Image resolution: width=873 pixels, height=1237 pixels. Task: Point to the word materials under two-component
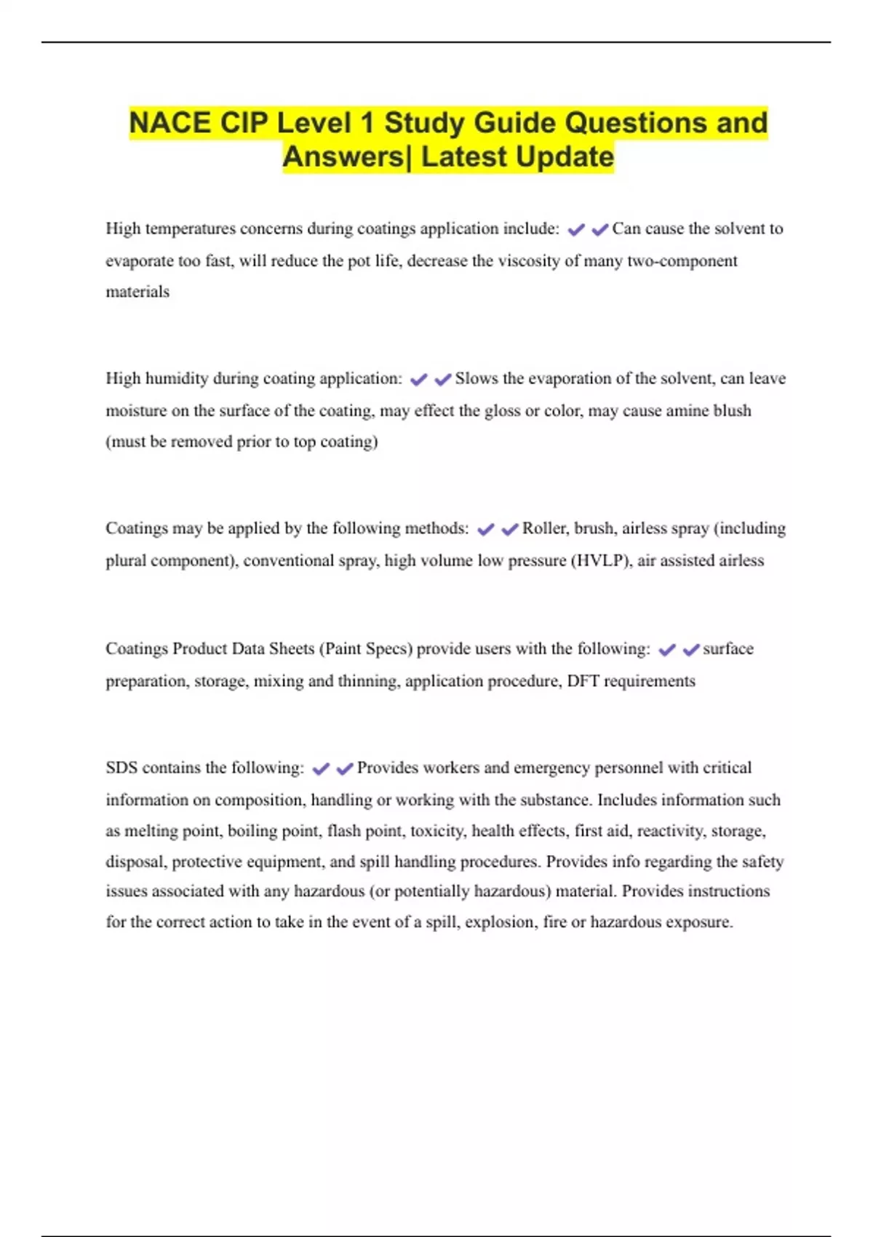137,292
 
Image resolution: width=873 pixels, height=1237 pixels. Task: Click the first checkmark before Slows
419,379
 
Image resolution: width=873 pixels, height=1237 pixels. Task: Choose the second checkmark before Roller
510,529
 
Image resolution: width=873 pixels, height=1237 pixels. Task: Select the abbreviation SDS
121,768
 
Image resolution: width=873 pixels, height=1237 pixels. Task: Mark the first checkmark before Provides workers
321,768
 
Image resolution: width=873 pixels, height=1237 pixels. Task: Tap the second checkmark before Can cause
600,230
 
